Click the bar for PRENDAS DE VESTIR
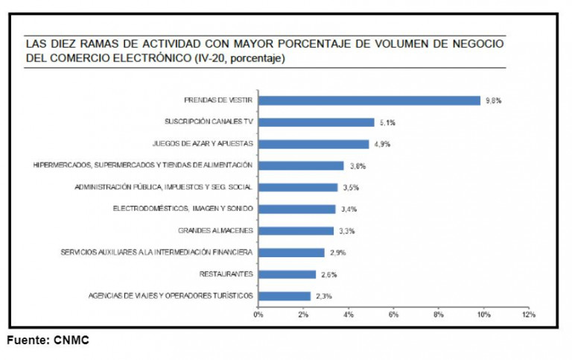[369, 101]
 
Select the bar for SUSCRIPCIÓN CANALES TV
[317, 122]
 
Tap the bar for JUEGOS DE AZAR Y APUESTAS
[314, 144]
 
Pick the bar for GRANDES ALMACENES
[296, 231]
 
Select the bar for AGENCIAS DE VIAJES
[285, 296]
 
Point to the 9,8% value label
[492, 101]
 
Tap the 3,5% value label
[349, 187]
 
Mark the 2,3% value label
[322, 296]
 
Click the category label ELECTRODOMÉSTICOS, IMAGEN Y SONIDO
[183, 209]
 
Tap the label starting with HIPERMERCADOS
[144, 165]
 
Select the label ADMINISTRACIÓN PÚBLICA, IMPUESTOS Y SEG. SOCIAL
[165, 187]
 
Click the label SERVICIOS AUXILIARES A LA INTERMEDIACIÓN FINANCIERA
[157, 253]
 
